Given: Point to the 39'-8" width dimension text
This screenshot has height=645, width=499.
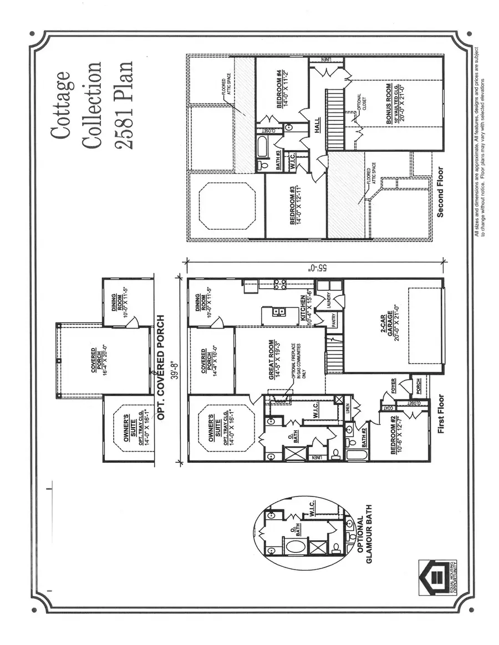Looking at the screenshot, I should click(x=177, y=367).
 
